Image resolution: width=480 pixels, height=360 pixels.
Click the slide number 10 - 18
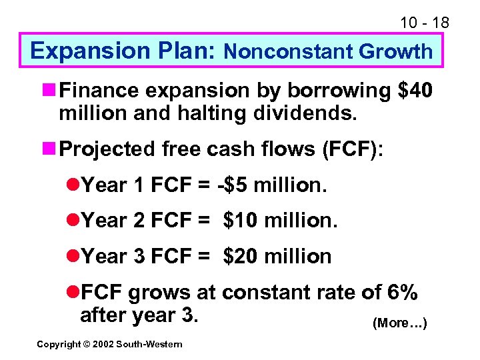pos(425,23)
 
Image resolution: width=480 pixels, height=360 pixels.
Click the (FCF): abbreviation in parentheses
pos(352,149)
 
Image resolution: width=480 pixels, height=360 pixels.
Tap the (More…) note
pos(399,323)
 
